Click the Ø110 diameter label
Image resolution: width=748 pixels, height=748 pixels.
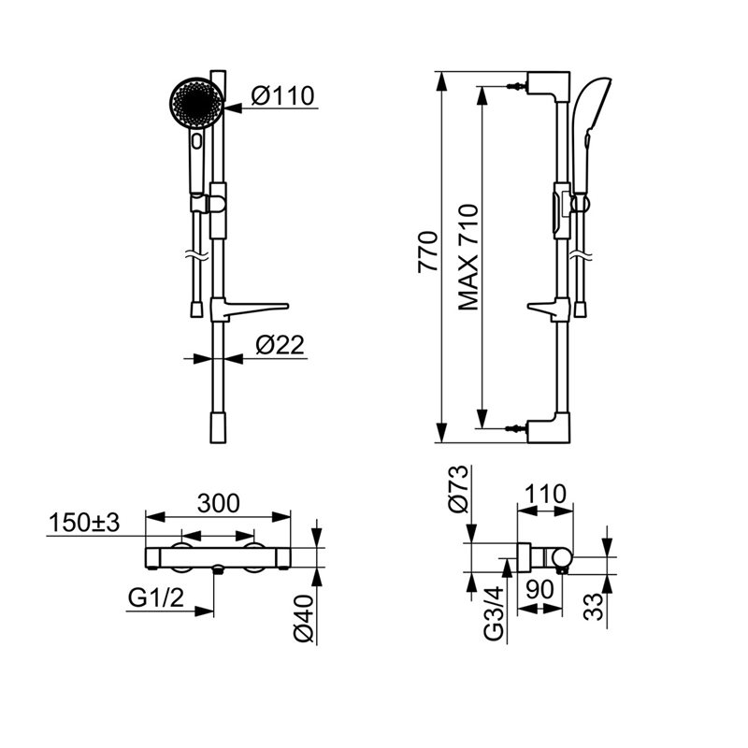tap(283, 95)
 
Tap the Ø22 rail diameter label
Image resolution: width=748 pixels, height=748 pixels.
tap(280, 345)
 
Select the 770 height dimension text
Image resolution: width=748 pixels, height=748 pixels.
tap(428, 252)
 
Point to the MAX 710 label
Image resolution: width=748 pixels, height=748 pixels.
tap(468, 258)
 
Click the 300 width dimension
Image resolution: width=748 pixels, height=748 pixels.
tap(219, 503)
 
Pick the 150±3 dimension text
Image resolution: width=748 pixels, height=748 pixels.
tap(84, 523)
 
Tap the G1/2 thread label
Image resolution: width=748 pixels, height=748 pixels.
tap(156, 597)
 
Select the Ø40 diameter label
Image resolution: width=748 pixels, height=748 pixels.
tap(304, 618)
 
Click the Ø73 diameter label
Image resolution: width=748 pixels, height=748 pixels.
tap(458, 489)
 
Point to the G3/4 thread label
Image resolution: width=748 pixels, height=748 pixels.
tap(494, 613)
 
